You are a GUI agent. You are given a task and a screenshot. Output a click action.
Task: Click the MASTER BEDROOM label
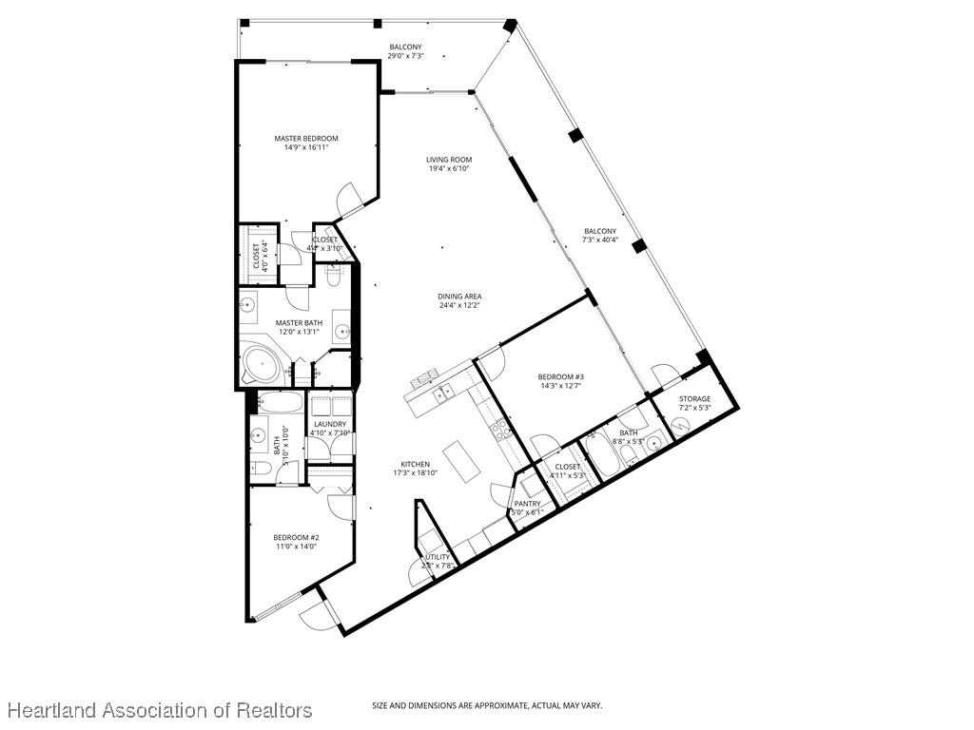[306, 139]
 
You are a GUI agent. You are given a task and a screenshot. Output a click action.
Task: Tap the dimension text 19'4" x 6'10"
[449, 169]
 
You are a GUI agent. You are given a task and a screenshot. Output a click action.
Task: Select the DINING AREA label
[459, 297]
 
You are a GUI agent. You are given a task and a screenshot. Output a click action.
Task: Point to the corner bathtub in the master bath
[259, 363]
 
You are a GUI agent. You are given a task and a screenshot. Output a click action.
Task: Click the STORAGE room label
[694, 398]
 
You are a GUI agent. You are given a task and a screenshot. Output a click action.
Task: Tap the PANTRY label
[527, 504]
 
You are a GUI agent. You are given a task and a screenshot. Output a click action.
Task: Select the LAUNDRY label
[330, 424]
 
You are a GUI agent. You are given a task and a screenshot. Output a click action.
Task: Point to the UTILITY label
[438, 557]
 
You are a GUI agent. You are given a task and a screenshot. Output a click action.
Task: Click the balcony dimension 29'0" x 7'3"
[405, 56]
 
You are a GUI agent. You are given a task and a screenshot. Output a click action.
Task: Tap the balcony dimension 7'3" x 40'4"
[599, 240]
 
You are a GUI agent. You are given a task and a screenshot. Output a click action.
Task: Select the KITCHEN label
[415, 464]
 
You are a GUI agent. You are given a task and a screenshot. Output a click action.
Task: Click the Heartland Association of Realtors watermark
[160, 710]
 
